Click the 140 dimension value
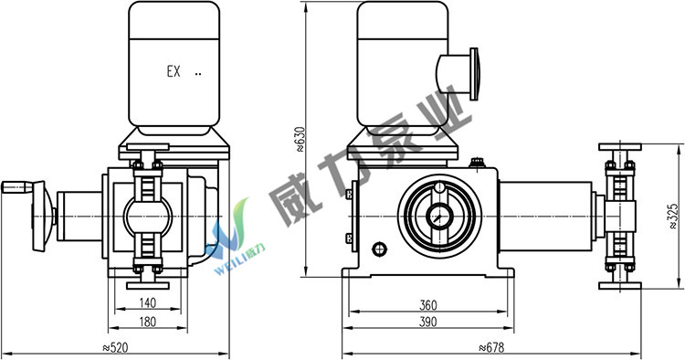coord(148,302)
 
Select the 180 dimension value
coord(148,322)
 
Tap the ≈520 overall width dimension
coord(115,348)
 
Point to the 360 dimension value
coord(428,305)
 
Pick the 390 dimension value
coord(428,322)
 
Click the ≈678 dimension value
coord(491,348)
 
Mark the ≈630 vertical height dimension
coord(300,139)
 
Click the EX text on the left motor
coord(174,71)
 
